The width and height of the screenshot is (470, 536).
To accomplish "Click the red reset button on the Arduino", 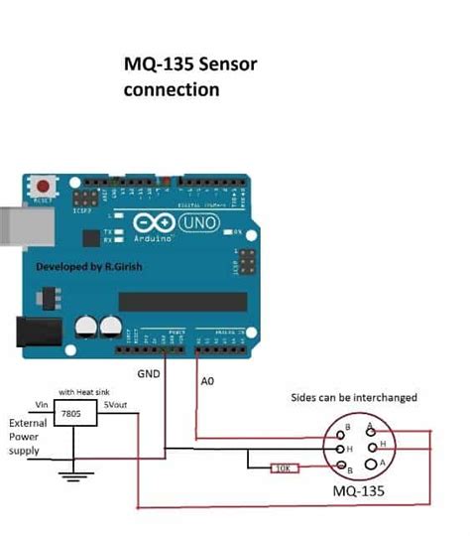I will coord(42,187).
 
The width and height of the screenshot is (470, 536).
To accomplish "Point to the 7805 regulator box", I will coord(72,414).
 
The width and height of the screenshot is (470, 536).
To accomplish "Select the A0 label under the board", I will coord(207,380).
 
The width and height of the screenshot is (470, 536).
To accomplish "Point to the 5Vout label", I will coord(115,404).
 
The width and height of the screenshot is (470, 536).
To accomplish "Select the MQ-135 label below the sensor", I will coord(359,491).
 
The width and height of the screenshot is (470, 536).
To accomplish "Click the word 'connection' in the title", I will coord(171,90).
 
